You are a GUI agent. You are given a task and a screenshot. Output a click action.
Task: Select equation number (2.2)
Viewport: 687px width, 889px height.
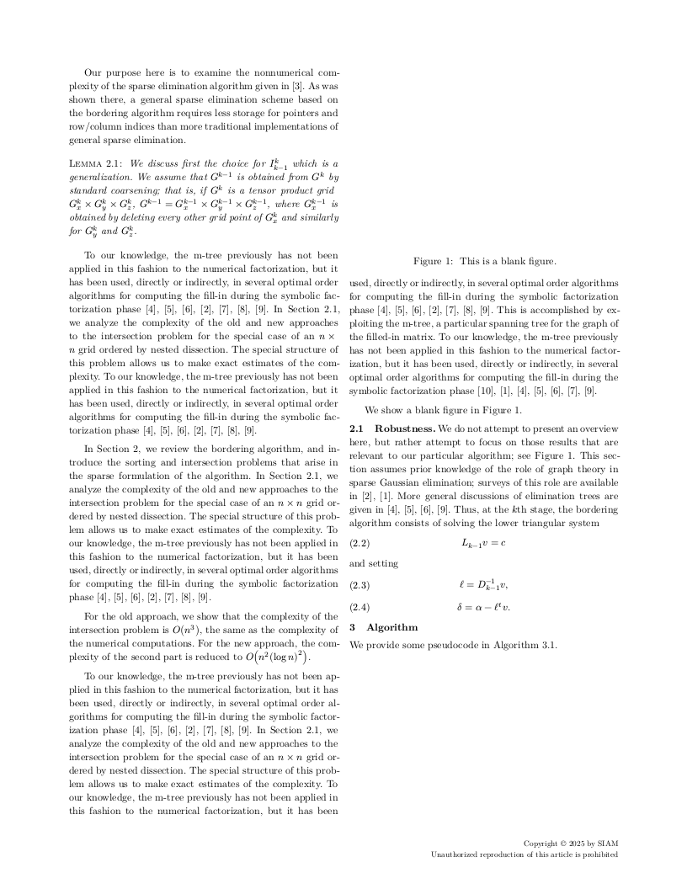tap(359, 543)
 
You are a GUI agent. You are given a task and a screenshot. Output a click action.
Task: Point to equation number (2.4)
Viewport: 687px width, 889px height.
tap(359, 606)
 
